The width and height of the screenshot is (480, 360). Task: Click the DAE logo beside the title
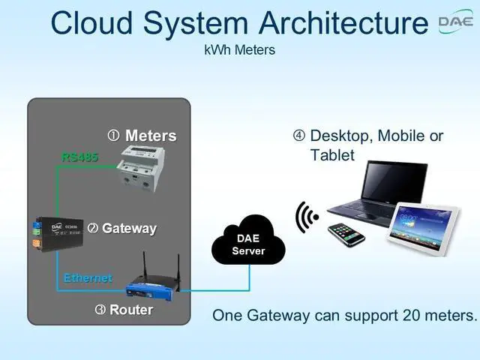click(x=456, y=22)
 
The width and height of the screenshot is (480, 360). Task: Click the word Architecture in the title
click(x=343, y=22)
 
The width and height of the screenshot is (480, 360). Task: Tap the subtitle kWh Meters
click(x=240, y=50)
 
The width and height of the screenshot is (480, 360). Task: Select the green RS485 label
click(x=80, y=157)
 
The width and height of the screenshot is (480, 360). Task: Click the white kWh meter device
click(x=142, y=168)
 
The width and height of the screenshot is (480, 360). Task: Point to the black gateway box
click(x=58, y=234)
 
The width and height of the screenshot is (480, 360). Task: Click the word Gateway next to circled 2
click(x=129, y=229)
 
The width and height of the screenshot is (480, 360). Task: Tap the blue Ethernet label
click(x=88, y=278)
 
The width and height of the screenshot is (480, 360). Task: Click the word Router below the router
click(x=131, y=310)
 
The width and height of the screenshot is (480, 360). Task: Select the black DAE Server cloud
click(x=248, y=240)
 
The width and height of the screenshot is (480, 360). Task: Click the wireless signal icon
click(x=307, y=217)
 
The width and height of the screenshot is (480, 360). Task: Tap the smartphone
click(x=346, y=235)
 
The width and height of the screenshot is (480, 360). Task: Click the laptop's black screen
click(x=394, y=181)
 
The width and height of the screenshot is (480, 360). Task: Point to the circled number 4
click(x=299, y=136)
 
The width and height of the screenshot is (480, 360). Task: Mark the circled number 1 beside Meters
click(x=113, y=136)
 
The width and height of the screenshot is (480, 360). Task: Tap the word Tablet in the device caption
click(x=332, y=154)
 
